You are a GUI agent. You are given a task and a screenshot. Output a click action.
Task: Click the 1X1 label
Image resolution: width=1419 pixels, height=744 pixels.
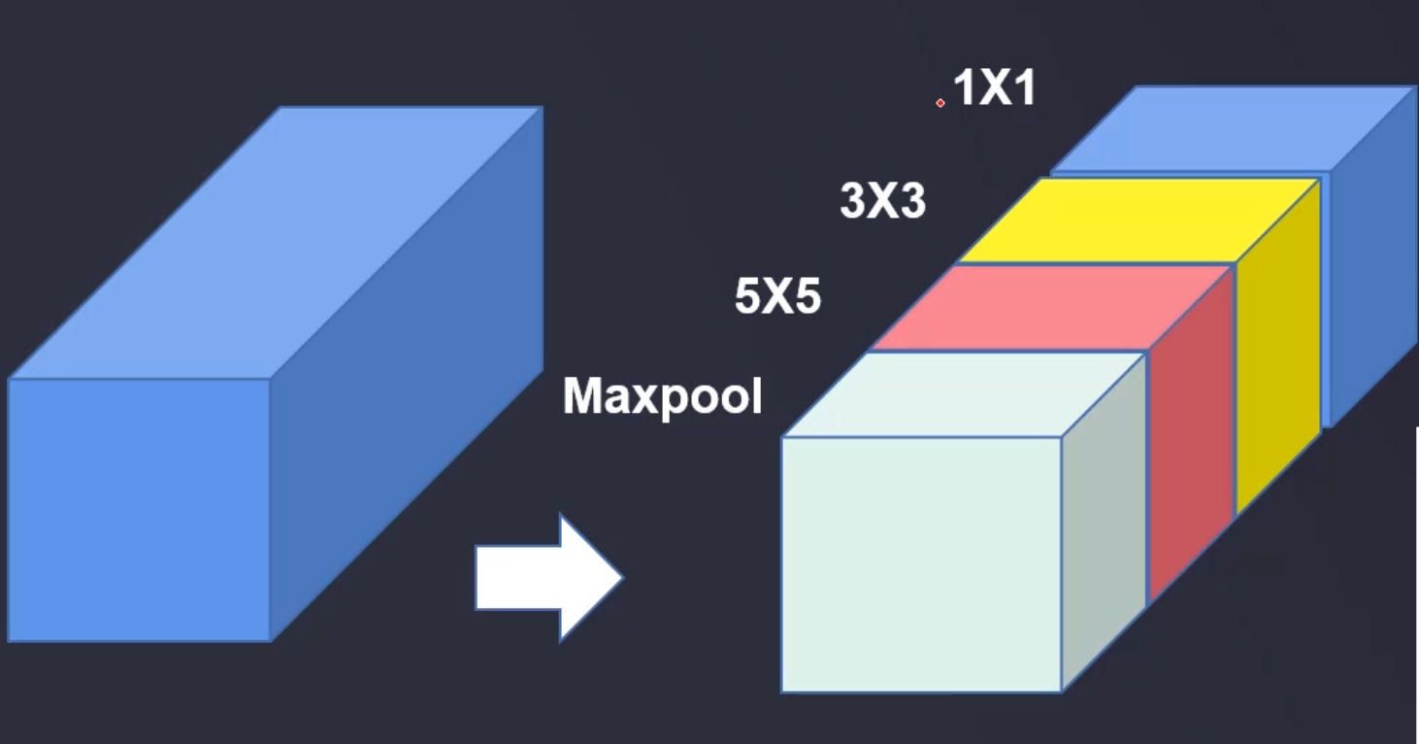click(995, 88)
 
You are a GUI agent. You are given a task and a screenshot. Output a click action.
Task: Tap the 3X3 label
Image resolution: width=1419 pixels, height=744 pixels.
click(882, 202)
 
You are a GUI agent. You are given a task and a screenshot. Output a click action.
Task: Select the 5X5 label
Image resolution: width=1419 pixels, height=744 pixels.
click(777, 296)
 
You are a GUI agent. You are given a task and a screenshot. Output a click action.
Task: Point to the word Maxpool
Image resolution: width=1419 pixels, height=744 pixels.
click(663, 397)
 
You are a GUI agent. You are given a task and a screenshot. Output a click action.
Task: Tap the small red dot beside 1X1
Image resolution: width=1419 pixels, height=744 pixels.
click(940, 102)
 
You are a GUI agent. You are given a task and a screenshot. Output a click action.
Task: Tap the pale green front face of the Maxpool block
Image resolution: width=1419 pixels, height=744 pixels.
click(921, 564)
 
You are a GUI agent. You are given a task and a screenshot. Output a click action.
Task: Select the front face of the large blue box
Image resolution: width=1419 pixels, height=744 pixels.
click(139, 510)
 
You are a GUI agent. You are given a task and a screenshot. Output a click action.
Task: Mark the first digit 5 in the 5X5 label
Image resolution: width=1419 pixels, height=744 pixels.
click(748, 296)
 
